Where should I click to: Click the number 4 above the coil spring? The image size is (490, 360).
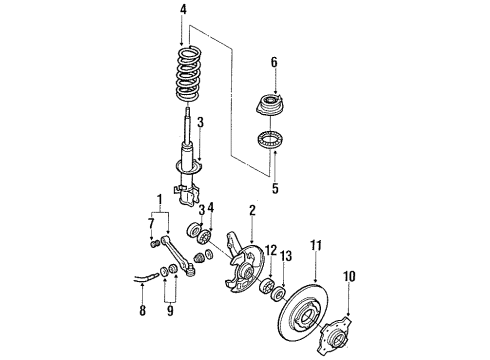pyautogui.click(x=182, y=13)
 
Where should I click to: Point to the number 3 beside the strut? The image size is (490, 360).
pyautogui.click(x=200, y=123)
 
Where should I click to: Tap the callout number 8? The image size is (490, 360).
pyautogui.click(x=143, y=311)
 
